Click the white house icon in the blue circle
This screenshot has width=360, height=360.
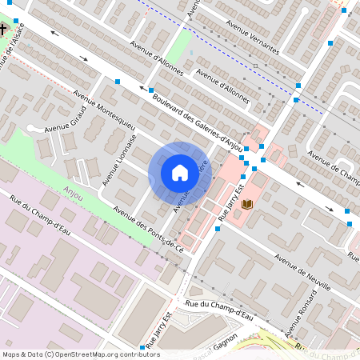click(x=179, y=173)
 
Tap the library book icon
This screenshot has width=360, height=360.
click(x=247, y=206)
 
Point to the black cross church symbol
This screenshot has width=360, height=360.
click(x=3, y=30)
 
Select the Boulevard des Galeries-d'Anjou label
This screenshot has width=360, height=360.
click(x=197, y=114)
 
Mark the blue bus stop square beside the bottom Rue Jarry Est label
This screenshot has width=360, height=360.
click(x=143, y=347)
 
